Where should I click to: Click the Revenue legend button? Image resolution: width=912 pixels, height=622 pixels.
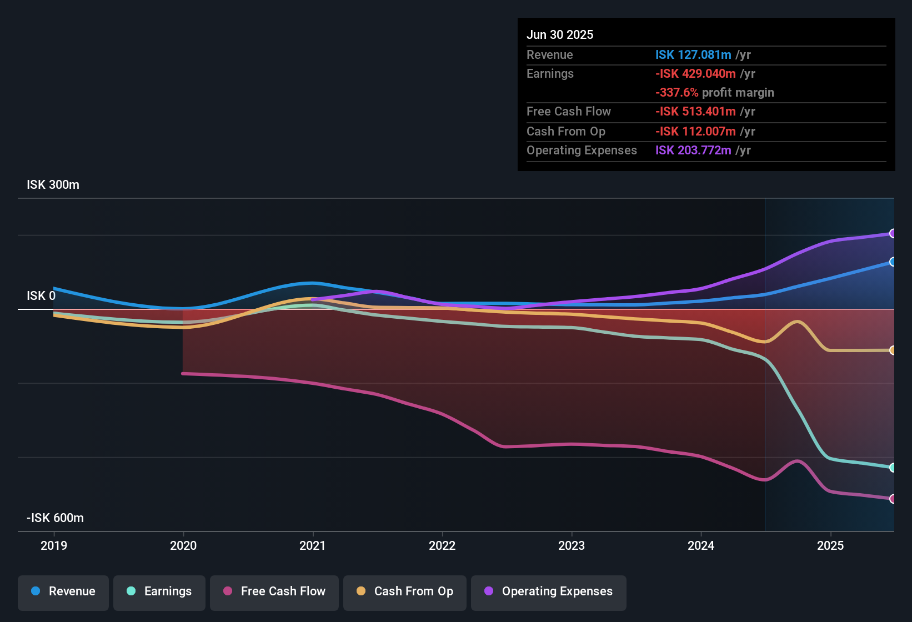63,591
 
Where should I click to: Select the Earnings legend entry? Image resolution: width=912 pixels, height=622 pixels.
159,591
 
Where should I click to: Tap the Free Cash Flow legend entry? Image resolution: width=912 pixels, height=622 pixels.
274,591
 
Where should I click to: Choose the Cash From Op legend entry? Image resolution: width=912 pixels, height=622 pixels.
405,591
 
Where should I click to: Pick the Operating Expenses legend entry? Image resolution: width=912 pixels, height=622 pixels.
549,591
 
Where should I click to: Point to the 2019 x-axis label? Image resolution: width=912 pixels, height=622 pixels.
54,545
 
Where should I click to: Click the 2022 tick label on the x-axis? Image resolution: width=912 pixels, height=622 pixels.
442,545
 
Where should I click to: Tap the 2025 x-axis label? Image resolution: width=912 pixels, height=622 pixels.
830,545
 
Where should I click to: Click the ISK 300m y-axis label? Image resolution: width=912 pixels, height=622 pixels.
53,185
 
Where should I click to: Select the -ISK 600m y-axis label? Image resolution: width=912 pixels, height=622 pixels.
55,518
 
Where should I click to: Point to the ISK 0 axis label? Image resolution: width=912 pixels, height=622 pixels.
41,296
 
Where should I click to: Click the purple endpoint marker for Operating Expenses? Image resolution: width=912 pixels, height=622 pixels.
893,233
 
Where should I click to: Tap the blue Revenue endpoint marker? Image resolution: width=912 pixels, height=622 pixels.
893,262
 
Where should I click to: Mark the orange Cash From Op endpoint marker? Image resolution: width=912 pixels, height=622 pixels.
893,350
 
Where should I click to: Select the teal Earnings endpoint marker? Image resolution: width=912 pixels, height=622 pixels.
893,468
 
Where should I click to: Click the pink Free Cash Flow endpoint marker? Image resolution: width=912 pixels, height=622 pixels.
893,499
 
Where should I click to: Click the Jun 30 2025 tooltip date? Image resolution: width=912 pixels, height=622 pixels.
560,35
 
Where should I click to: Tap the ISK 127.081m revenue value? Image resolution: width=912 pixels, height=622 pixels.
693,55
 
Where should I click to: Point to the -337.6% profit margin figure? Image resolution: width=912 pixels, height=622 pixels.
677,93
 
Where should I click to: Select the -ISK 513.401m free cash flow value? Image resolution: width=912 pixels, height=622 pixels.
695,112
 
